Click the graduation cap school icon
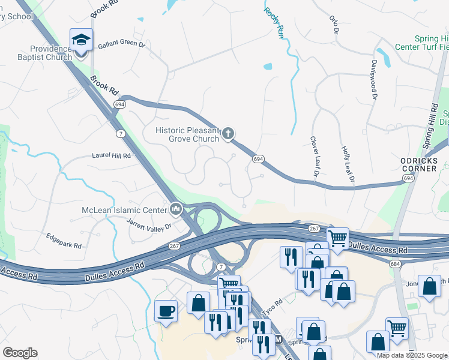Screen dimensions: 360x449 (81, 40)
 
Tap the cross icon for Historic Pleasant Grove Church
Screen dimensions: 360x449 (228, 134)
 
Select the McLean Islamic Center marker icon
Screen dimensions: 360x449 (176, 209)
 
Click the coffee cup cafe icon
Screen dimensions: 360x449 (166, 311)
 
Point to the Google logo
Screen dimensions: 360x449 (20, 353)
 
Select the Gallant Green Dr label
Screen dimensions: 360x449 (122, 44)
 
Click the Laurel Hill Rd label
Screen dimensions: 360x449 (111, 155)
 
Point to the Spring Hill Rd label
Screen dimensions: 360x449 (431, 127)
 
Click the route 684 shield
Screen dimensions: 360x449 (394, 247)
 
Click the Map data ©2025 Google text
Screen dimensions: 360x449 (411, 355)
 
